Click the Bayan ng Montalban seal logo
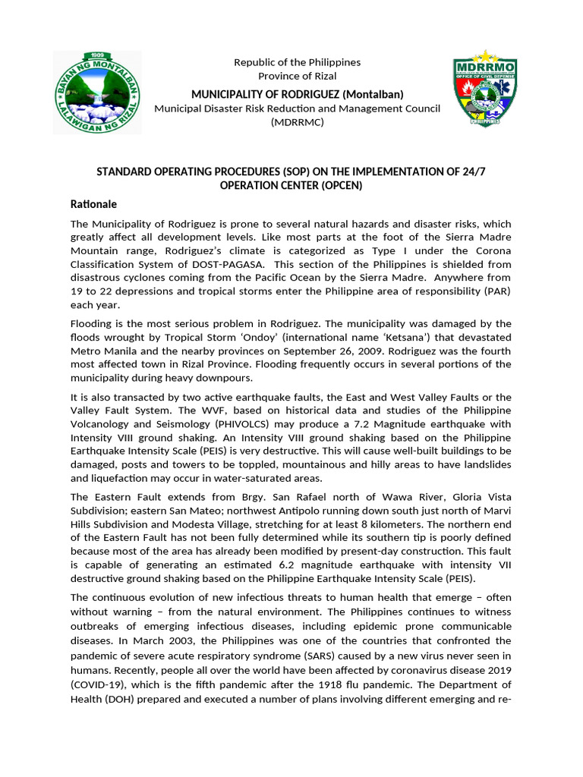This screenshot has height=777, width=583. (97, 92)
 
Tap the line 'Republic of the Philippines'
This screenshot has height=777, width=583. (297, 62)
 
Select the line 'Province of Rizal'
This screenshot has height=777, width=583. (297, 76)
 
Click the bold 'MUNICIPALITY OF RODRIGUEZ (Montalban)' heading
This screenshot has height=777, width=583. (297, 94)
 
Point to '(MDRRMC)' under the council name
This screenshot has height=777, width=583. (297, 122)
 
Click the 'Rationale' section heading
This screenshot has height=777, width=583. (93, 204)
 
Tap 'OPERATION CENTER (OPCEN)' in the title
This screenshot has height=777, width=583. (291, 185)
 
